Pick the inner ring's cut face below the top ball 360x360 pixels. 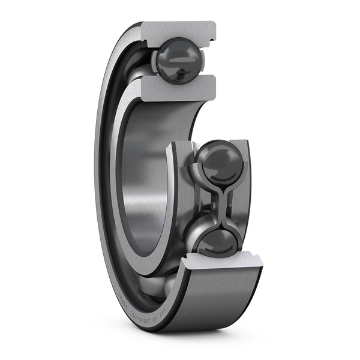(178, 88)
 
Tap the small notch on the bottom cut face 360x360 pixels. (257, 259)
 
